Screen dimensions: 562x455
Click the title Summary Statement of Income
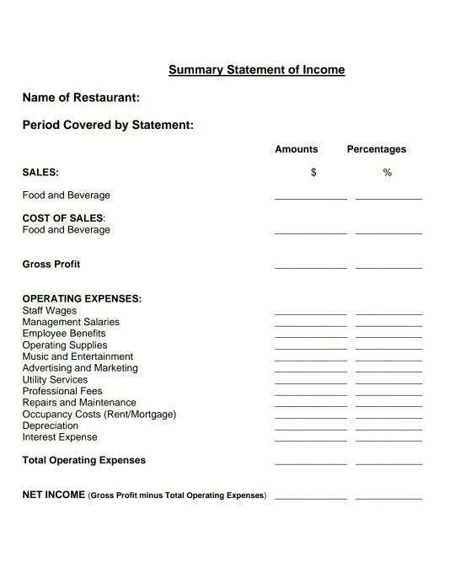pos(256,70)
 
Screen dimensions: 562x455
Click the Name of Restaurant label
pos(81,98)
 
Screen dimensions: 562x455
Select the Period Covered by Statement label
pos(108,126)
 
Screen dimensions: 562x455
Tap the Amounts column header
pos(297,149)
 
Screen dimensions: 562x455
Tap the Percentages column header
pos(377,149)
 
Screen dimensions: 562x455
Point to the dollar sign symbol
pos(313,173)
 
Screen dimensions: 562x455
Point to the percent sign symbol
pos(388,173)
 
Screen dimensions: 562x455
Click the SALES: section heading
pos(40,172)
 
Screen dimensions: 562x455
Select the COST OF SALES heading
pos(63,218)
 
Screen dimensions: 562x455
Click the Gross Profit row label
pos(51,264)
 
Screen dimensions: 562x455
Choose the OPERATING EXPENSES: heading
pos(82,298)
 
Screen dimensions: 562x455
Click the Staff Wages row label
pos(49,310)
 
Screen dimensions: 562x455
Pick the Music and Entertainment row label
pos(78,356)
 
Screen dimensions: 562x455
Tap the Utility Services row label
pos(55,380)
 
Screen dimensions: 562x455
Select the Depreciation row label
pos(51,426)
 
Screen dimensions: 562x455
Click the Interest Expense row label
pos(60,437)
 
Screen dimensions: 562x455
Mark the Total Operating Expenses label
pos(83,460)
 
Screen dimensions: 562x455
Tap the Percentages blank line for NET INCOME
pos(388,497)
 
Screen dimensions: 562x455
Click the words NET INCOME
pos(53,495)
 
